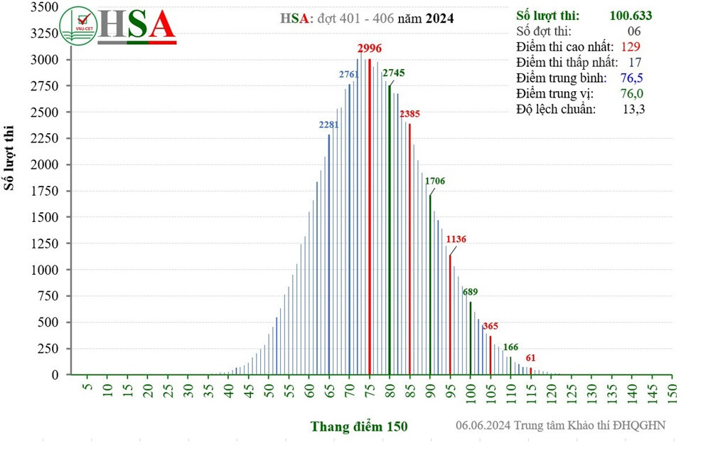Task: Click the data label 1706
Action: [435, 181]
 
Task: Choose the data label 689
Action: [470, 292]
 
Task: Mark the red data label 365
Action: [490, 326]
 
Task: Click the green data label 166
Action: [510, 347]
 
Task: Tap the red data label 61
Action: [530, 357]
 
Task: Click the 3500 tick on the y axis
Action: [45, 6]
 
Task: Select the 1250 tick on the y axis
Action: [45, 243]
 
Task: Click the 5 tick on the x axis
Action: [87, 389]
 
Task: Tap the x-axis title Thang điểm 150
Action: [359, 426]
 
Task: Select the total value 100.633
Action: [631, 15]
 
